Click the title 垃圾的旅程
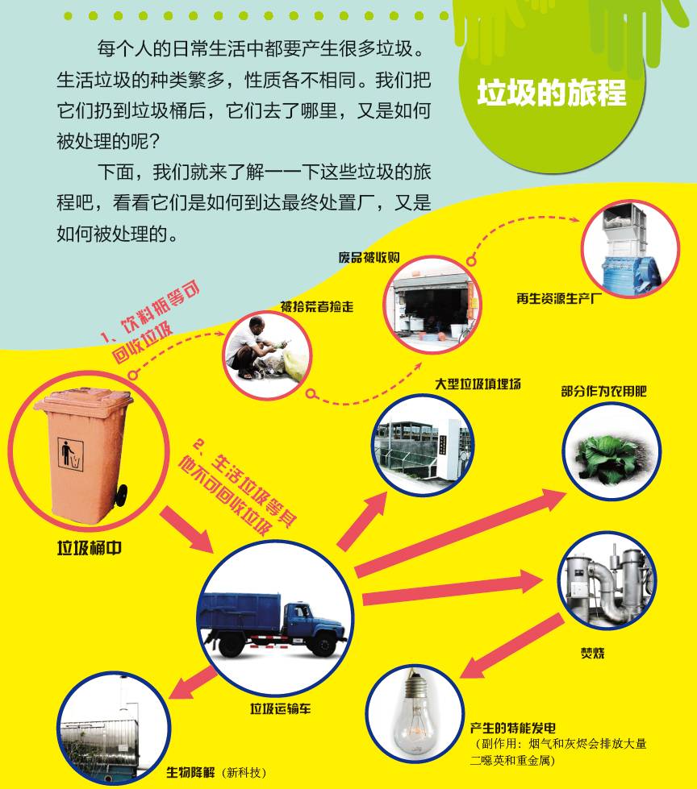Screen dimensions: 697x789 (x=552, y=93)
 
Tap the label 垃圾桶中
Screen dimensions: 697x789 (x=89, y=548)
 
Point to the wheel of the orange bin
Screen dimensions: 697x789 (x=121, y=496)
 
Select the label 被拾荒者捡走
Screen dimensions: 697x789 (x=317, y=306)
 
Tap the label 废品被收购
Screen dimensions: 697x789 (x=369, y=258)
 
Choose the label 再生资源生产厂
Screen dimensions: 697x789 (x=559, y=299)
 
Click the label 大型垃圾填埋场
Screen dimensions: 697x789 (x=478, y=384)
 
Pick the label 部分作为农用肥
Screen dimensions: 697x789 (x=604, y=392)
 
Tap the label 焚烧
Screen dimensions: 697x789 (x=593, y=653)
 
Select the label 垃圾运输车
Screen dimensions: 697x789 (x=281, y=709)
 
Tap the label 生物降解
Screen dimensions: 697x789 (x=191, y=772)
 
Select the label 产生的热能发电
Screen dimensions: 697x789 (x=513, y=728)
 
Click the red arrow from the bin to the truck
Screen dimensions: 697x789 (x=186, y=529)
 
